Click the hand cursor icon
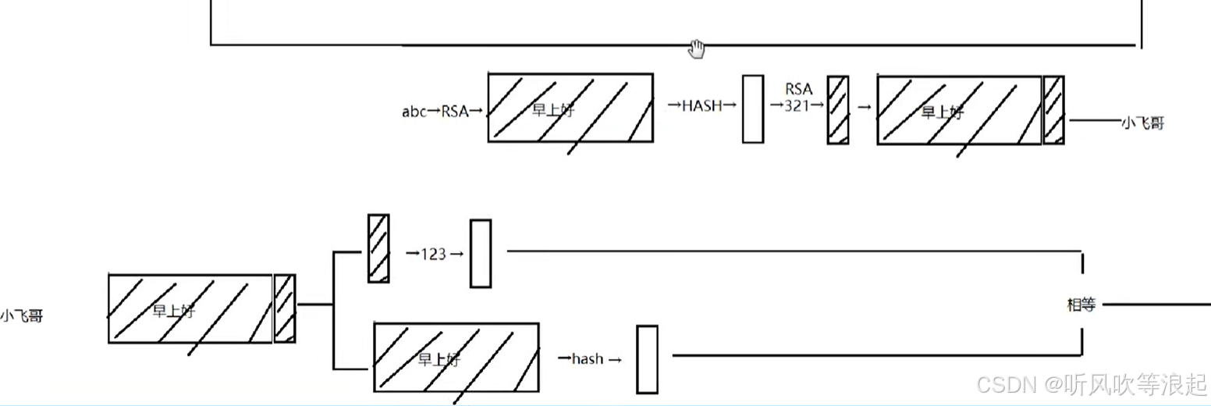pos(697,49)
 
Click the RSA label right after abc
pos(454,112)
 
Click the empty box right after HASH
pos(752,109)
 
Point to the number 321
pos(797,107)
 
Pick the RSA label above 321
pos(799,89)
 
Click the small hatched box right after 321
pos(837,110)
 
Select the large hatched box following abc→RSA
pos(570,108)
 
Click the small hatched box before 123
pos(378,248)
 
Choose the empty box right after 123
pos(480,254)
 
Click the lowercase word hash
pos(588,359)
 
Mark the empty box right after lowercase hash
pos(647,359)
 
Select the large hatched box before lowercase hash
pos(456,358)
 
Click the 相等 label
pos(1081,305)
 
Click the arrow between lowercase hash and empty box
pos(615,360)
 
